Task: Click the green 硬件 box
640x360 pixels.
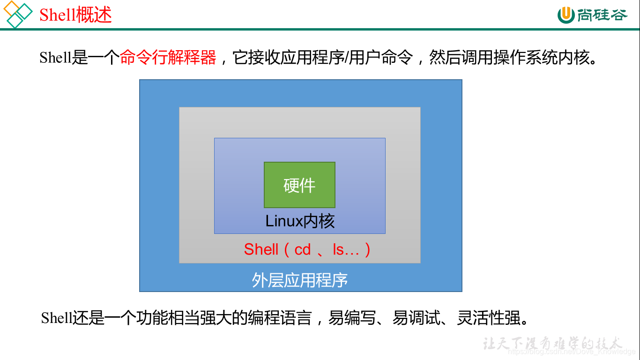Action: tap(299, 185)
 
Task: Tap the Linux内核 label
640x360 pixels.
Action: tap(300, 221)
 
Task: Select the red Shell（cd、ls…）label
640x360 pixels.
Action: tap(307, 249)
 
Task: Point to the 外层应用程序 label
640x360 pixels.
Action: tap(300, 280)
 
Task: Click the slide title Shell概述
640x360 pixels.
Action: tap(75, 15)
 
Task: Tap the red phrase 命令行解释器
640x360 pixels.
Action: tap(168, 58)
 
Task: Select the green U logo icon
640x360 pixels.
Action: tap(566, 15)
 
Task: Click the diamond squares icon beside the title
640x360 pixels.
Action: tap(18, 14)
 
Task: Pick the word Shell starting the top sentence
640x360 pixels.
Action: tap(55, 58)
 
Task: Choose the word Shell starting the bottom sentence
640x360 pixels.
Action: tap(56, 318)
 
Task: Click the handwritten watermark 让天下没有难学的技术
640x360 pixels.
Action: tap(553, 344)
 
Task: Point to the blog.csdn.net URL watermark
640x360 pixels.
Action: tap(572, 352)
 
